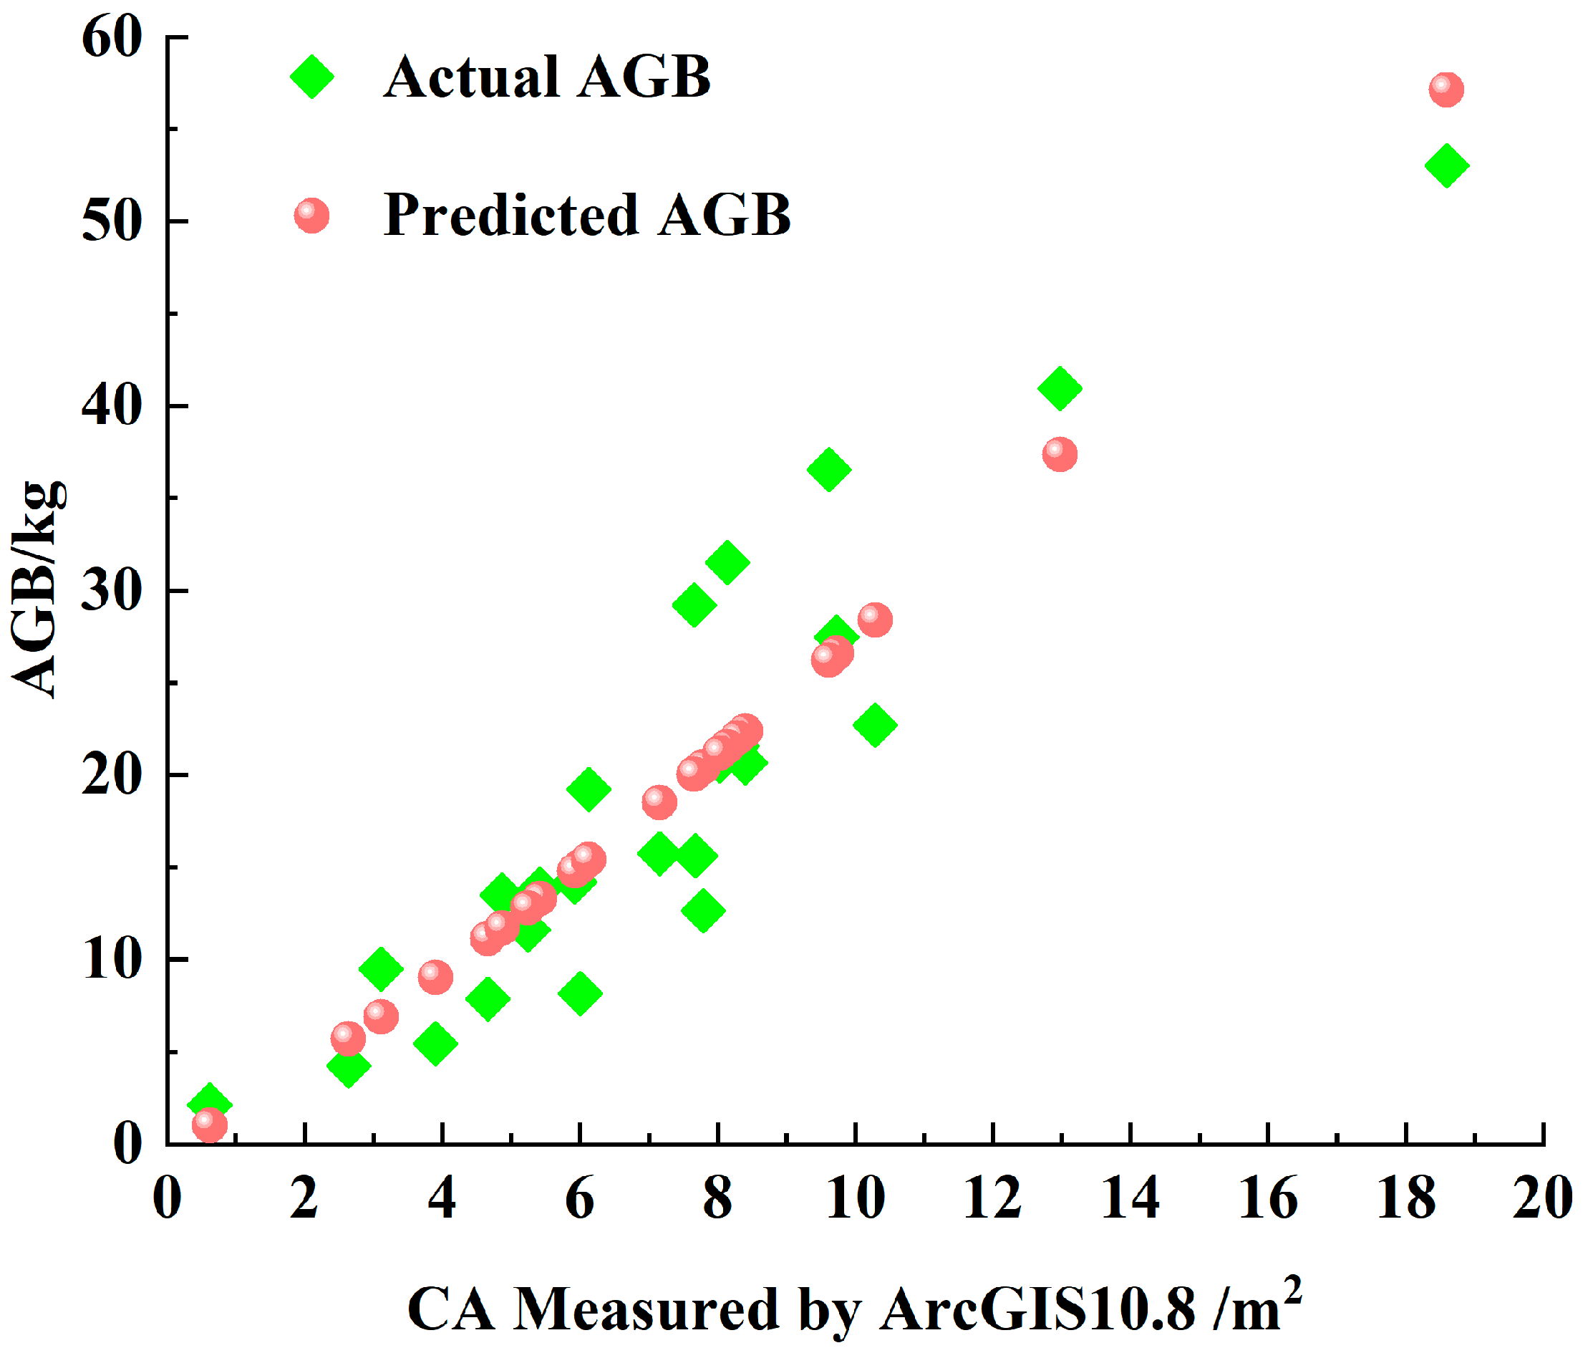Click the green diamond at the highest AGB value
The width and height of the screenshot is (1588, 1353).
[x=1446, y=165]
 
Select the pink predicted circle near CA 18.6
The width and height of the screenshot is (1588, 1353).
[x=1446, y=90]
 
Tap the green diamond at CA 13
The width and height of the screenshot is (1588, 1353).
[x=1060, y=388]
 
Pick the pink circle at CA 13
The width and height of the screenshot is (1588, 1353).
[x=1059, y=455]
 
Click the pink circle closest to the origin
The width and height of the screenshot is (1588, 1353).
[x=209, y=1125]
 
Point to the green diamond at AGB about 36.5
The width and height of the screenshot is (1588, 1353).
[x=828, y=469]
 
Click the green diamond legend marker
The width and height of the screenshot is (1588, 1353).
[x=312, y=77]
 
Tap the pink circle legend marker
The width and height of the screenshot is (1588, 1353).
[x=312, y=216]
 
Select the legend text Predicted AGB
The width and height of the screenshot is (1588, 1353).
[x=587, y=215]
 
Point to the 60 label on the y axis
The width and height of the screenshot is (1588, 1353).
[x=112, y=37]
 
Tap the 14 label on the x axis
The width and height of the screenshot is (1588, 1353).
[x=1130, y=1198]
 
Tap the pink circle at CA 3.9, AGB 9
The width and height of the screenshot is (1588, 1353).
[x=435, y=977]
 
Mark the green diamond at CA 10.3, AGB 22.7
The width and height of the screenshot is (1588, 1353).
[x=875, y=724]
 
